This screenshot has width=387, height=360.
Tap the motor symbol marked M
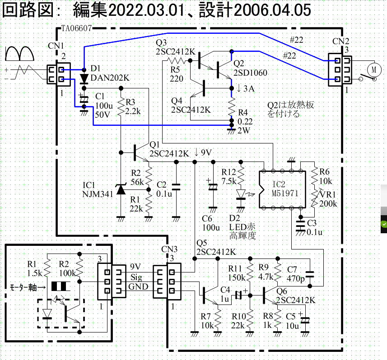click(x=373, y=69)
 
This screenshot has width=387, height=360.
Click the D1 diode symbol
click(x=84, y=78)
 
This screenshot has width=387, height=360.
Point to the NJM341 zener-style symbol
click(x=121, y=189)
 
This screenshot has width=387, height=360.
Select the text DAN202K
click(x=110, y=78)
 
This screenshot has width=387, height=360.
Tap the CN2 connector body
click(x=340, y=69)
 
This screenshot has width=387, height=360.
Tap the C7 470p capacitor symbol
click(x=310, y=274)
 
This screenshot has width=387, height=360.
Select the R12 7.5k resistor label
click(x=230, y=176)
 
